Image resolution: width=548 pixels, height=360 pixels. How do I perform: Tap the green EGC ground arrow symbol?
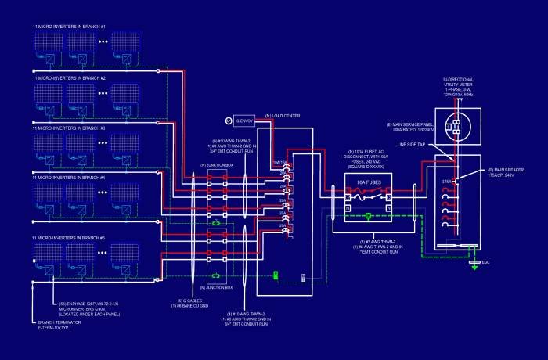point(474,265)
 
